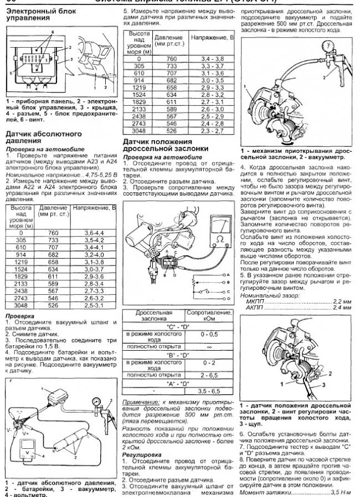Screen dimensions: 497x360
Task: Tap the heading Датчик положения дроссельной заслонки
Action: tap(166, 146)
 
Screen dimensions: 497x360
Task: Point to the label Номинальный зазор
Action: tap(265, 296)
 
